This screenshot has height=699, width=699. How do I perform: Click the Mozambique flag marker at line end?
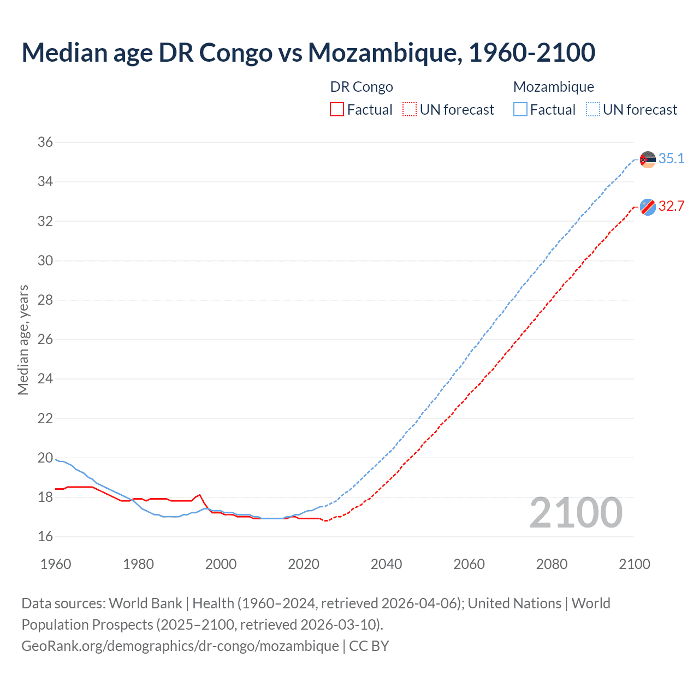648,159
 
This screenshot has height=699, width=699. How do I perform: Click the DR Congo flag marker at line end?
648,207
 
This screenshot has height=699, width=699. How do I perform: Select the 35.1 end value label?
671,158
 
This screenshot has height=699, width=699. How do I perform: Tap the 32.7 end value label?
671,206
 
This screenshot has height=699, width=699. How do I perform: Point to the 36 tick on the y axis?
45,143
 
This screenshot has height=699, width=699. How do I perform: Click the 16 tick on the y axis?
45,537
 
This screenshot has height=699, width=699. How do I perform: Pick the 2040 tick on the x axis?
386,564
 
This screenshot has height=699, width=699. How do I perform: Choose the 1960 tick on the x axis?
56,564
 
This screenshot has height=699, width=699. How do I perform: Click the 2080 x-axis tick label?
552,564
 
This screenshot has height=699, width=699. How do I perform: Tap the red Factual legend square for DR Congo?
337,110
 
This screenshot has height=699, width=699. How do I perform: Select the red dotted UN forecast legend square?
410,110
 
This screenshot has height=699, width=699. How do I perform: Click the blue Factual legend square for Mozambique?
520,110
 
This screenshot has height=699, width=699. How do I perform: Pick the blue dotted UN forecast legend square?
593,110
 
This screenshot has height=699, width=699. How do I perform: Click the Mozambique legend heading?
553,87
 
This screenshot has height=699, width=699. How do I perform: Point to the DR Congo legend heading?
362,87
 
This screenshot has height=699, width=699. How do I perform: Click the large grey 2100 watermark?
576,513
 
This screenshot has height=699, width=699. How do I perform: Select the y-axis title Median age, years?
23,340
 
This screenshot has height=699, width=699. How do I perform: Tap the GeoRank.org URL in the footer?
180,646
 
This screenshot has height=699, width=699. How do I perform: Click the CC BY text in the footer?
369,646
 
